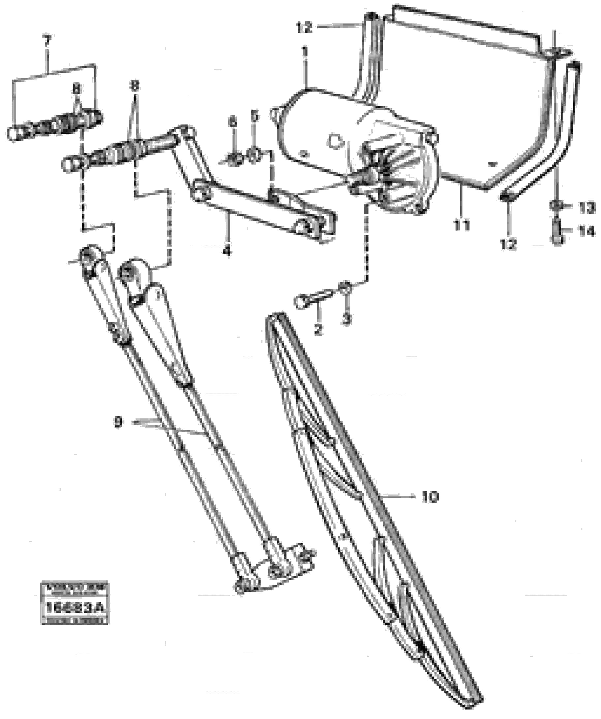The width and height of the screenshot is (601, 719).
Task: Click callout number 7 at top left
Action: pos(47,42)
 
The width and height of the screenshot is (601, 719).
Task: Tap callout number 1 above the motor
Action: pos(304,53)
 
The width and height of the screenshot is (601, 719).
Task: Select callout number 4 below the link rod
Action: pos(226,252)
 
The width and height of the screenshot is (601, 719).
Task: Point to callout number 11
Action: pos(461,225)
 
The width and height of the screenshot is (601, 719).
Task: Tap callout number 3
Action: pos(347,319)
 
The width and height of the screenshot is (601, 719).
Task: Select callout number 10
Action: pos(430,496)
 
